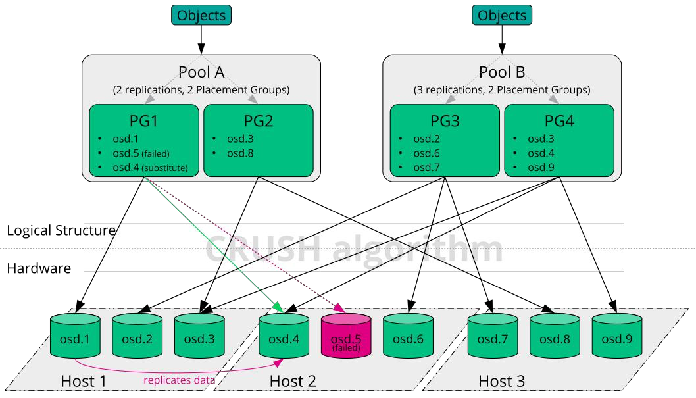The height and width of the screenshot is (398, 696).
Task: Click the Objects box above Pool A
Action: pos(201,15)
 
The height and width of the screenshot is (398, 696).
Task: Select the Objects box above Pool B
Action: pos(501,15)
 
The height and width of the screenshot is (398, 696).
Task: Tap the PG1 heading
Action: pos(143,120)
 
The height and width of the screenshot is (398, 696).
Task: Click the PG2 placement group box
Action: pos(259,140)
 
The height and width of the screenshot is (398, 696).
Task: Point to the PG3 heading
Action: pos(444,120)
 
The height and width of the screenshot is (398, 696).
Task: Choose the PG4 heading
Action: pos(559,120)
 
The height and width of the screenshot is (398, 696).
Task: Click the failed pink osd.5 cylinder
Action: pos(346,336)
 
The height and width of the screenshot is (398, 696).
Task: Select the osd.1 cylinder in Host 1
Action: pos(75,336)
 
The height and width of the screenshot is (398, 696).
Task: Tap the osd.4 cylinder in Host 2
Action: pos(284,336)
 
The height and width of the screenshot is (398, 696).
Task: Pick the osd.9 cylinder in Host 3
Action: pos(616,336)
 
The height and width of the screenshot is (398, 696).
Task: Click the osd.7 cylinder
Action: pos(492,336)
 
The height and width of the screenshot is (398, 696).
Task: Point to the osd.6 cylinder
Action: pos(408,336)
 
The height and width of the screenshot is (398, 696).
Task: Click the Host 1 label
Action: pos(84,381)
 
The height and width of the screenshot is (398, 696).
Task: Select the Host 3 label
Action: pos(501,381)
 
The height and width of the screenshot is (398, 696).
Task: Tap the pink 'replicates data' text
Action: pos(180,380)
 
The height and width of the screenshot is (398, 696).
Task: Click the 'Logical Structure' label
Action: pos(61,230)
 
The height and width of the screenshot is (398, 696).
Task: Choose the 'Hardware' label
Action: pos(39,268)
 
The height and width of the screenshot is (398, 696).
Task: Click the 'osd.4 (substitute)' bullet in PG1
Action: pos(150,168)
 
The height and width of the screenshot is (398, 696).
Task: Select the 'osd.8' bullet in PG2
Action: pos(240,153)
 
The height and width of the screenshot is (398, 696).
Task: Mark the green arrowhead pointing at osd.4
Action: pos(278,307)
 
